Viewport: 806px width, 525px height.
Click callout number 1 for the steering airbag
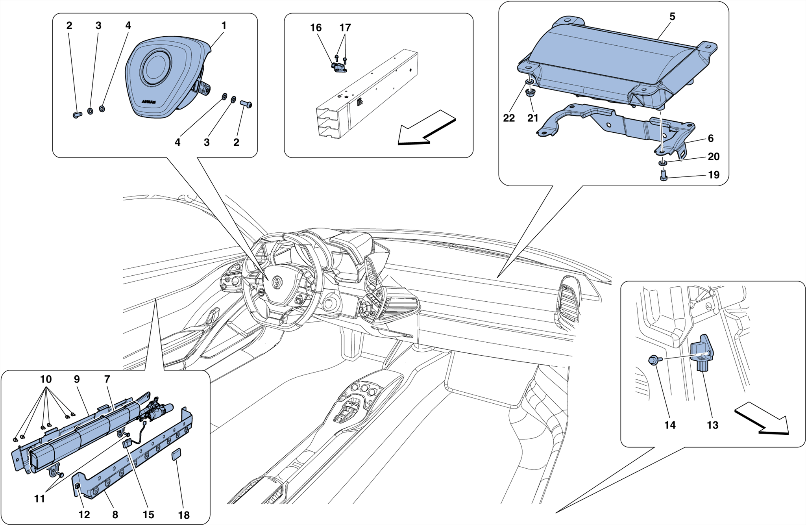tap(224, 26)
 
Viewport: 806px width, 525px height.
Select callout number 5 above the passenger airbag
tap(672, 17)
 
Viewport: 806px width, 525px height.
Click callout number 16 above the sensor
tap(316, 28)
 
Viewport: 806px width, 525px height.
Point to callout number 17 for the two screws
tap(345, 28)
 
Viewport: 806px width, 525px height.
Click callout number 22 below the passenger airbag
tap(509, 118)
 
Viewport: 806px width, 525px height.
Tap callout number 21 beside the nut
tap(532, 118)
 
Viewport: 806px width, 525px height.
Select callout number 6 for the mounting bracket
tap(710, 138)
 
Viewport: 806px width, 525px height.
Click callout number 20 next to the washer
tap(713, 157)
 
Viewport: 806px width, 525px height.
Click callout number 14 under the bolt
tap(669, 425)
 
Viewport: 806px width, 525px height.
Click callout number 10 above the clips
tap(46, 379)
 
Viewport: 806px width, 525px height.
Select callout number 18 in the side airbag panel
tap(184, 515)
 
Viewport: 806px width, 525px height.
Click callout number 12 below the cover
tap(84, 515)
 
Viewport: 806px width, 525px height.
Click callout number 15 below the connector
tap(148, 515)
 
